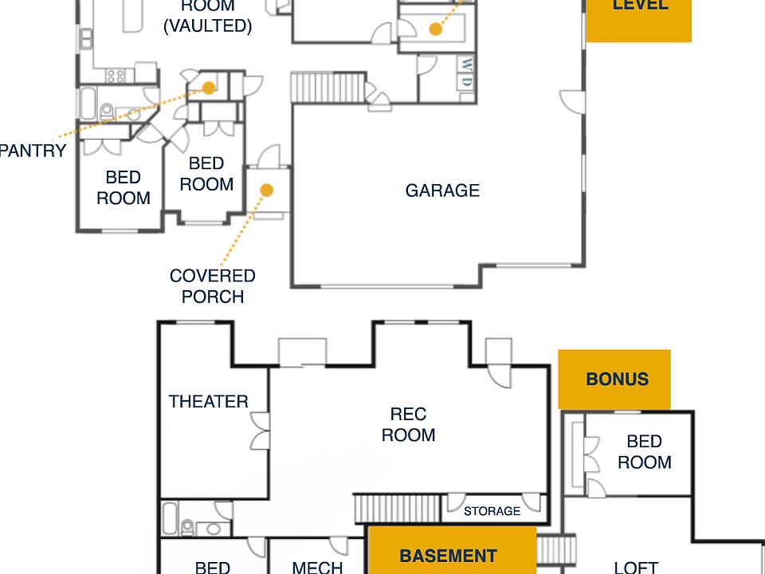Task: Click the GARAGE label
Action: pos(442,191)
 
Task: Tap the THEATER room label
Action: pos(208,402)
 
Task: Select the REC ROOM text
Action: pos(408,425)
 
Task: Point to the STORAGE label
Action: pos(492,511)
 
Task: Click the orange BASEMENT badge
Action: pos(448,556)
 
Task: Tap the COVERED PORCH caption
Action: pos(212,286)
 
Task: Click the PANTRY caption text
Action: pos(33,151)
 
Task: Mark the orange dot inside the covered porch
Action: pos(267,191)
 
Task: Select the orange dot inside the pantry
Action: pos(208,88)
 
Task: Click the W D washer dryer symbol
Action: pos(466,73)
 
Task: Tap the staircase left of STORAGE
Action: pos(396,509)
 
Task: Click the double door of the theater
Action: pos(260,431)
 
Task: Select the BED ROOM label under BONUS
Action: pos(644,452)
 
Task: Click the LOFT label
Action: pos(636,567)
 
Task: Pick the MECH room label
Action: pos(317,567)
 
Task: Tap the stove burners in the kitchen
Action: pos(116,76)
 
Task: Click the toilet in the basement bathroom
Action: pos(189,527)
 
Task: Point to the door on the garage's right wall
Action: pos(572,102)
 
